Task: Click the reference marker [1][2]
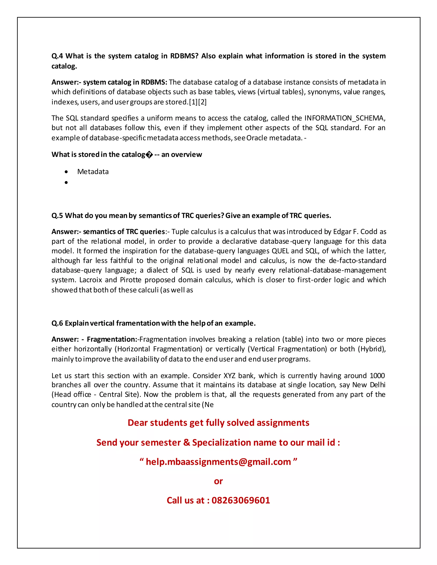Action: point(198,102)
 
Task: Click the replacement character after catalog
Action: point(149,155)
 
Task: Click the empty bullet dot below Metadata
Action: point(66,183)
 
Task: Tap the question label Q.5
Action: point(57,216)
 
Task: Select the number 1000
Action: point(377,376)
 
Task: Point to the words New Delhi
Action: point(369,385)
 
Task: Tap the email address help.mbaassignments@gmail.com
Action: point(218,462)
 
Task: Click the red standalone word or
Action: point(218,481)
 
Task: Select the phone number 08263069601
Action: point(241,500)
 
